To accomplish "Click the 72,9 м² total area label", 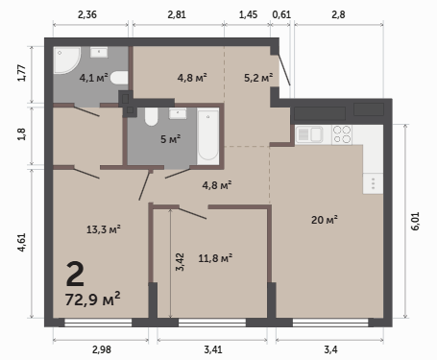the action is point(92,299).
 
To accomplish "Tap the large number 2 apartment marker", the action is point(75,274).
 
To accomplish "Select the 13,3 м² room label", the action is point(104,229).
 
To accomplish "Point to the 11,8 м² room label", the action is point(215,258).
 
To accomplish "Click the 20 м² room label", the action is point(325,220).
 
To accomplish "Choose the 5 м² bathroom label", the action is point(170,139).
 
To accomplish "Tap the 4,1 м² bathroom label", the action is point(93,78).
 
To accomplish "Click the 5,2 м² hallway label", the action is point(258,78).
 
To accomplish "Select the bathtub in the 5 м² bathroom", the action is point(207,136).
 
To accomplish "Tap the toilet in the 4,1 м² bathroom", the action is point(119,78).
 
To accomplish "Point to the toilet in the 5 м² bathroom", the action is point(151,116).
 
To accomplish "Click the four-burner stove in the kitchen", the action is point(342,134).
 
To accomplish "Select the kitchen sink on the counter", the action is point(309,134).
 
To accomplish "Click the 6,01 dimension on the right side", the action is point(415,221).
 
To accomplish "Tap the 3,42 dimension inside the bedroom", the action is point(180,262).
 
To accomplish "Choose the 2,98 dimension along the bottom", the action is point(102,349).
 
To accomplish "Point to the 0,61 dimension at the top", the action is point(281,14).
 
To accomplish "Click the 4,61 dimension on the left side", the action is point(21,242).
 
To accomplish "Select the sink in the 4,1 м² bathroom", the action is point(99,52).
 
